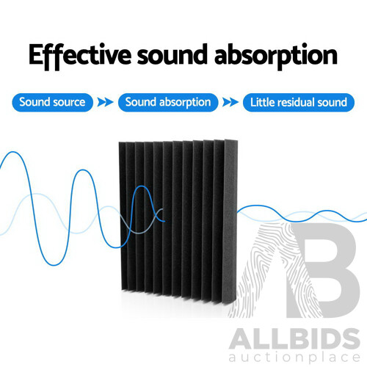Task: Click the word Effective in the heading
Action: [x=79, y=56]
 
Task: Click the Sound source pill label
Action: [x=52, y=102]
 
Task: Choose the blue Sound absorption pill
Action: [x=169, y=102]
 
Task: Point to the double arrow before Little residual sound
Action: [x=231, y=102]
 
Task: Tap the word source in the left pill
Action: [x=69, y=102]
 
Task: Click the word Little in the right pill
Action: [x=264, y=102]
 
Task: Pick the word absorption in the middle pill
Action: [x=185, y=102]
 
